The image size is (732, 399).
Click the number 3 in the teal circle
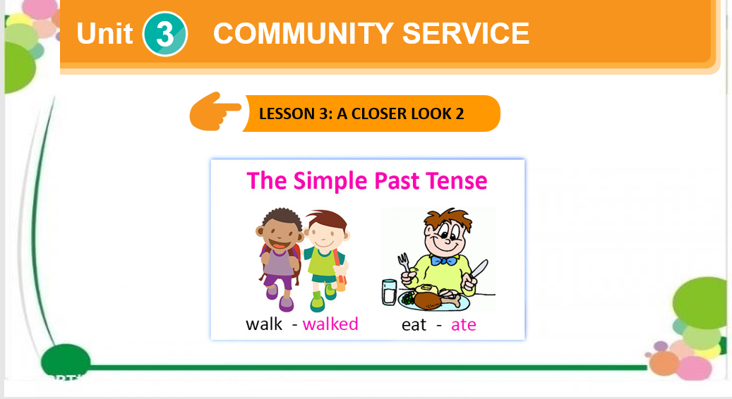point(164,35)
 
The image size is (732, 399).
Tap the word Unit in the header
point(104,34)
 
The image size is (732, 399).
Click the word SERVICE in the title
point(465,34)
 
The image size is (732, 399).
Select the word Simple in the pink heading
point(330,181)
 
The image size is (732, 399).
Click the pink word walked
point(330,324)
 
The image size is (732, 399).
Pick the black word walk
point(264,324)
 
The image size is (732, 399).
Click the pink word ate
point(464,324)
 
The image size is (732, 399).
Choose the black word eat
point(414,324)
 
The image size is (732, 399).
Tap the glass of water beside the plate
point(390,292)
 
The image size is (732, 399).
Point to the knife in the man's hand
point(478,271)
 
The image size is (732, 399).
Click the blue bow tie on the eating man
point(443,260)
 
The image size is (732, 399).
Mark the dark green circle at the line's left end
point(66,361)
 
